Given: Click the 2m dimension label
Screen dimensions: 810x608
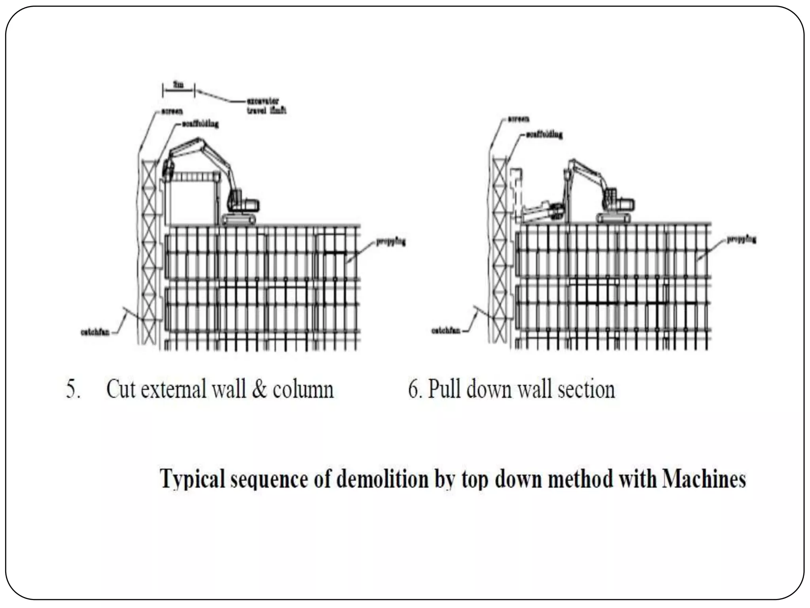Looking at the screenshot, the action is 178,85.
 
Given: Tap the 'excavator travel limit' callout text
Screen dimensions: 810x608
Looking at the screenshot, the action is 266,106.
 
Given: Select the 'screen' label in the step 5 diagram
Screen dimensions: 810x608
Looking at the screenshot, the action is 171,112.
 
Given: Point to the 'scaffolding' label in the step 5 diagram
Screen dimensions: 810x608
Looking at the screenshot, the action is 200,124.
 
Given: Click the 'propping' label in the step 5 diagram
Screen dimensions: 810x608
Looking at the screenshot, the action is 390,242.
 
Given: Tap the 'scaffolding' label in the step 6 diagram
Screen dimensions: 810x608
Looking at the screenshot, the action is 543,135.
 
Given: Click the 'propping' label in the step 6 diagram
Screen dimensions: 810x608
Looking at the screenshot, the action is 741,239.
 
